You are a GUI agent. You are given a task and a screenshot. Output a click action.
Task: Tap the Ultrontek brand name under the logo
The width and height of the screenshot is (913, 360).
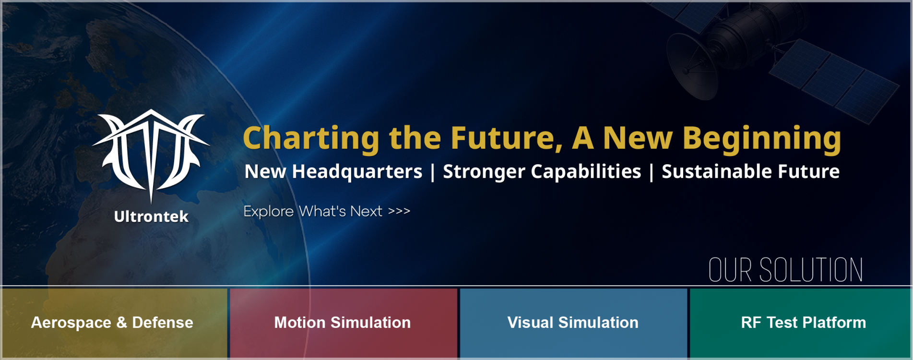(151, 217)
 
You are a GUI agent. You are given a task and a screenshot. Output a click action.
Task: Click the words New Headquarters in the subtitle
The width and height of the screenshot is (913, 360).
(333, 172)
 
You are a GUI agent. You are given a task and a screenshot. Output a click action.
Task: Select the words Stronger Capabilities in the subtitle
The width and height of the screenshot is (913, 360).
(542, 172)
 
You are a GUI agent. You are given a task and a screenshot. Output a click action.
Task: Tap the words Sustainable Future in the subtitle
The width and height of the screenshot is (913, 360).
(750, 172)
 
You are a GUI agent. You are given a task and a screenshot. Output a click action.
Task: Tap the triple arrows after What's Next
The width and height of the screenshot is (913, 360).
(399, 211)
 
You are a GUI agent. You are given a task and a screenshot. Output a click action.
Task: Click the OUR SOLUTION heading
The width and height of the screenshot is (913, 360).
(785, 270)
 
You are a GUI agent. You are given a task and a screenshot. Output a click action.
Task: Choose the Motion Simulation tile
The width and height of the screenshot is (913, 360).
(343, 323)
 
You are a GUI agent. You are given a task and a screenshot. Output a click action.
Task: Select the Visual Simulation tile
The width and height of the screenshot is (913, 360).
(573, 323)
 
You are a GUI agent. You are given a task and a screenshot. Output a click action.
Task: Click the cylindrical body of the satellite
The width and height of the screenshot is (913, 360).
(744, 29)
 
